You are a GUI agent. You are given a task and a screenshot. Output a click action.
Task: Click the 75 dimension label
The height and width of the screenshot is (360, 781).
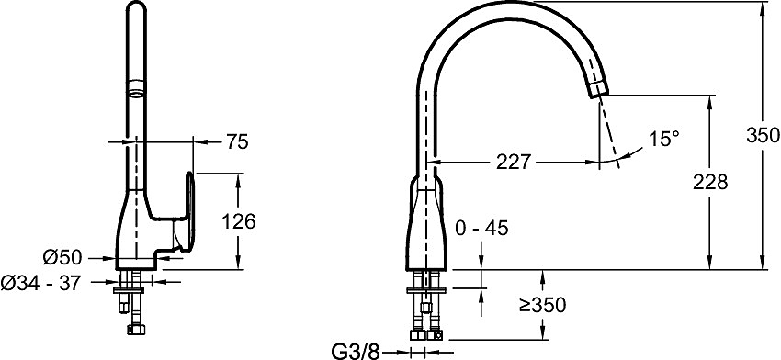237,142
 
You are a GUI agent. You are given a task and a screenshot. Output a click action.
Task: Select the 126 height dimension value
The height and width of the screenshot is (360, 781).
238,221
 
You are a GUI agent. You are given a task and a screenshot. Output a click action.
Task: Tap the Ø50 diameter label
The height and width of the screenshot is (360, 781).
62,257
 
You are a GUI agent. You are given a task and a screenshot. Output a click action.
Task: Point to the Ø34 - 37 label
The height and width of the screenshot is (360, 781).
40,284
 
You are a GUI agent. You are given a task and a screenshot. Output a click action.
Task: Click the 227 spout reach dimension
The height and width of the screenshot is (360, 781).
514,162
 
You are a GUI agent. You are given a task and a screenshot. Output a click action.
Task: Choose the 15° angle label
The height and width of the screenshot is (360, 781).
664,139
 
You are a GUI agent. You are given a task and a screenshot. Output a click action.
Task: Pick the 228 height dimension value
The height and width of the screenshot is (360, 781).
710,183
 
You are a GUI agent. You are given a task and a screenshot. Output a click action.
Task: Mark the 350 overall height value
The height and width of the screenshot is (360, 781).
763,135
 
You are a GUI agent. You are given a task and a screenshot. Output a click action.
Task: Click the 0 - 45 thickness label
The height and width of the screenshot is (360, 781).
482,228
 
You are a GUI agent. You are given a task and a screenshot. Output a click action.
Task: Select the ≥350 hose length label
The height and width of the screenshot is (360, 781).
543,305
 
